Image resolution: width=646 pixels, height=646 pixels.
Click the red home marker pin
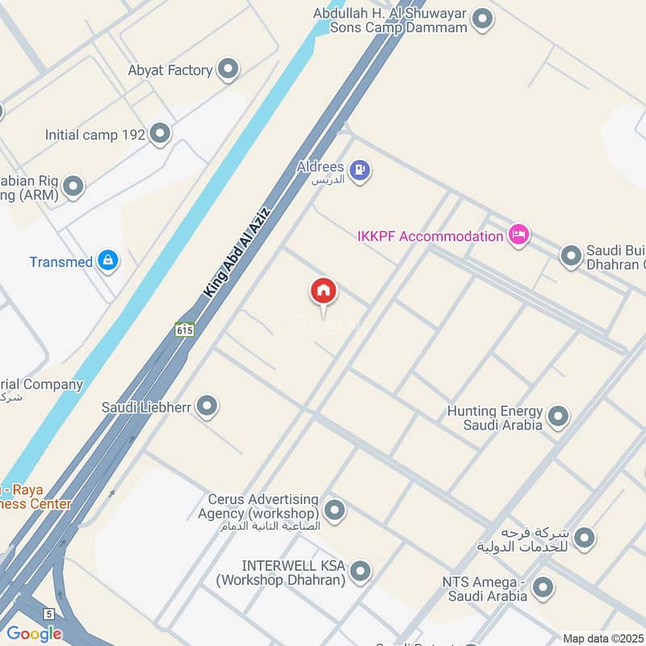tap(324, 292)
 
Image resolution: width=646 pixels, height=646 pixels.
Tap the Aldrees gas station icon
tap(362, 170)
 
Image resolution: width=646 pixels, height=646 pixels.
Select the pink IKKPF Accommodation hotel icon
tap(518, 235)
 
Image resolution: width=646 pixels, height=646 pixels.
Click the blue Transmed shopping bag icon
tap(107, 261)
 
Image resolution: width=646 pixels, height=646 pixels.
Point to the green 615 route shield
tap(184, 329)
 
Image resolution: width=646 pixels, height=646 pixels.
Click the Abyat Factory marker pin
tap(229, 70)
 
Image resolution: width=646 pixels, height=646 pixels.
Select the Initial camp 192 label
tap(95, 135)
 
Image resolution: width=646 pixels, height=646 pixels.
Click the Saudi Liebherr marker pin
tap(208, 406)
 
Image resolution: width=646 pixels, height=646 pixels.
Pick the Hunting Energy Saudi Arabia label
tap(495, 418)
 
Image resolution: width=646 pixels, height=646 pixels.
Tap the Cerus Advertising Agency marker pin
tap(334, 510)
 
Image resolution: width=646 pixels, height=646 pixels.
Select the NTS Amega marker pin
tap(543, 587)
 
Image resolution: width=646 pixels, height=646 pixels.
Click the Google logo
tap(35, 634)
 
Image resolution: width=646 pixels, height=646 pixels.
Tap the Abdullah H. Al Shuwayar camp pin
tap(482, 19)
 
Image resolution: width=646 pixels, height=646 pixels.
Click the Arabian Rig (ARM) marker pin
tap(73, 187)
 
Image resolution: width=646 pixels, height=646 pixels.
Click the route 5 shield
tap(49, 614)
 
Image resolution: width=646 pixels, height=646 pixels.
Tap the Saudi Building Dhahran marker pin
tap(571, 256)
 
